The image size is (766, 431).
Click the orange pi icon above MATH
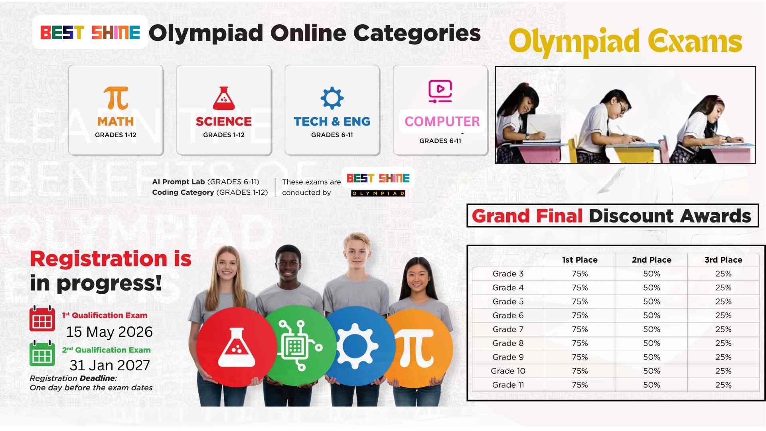[x=116, y=98]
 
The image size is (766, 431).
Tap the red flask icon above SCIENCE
[x=224, y=98]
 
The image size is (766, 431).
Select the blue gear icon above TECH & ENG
[x=332, y=98]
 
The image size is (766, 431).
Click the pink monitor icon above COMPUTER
[x=440, y=91]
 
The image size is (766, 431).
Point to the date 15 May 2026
[x=109, y=332]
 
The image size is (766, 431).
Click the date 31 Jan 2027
[x=110, y=365]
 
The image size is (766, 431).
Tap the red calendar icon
[x=42, y=318]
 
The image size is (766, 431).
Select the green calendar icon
[x=42, y=353]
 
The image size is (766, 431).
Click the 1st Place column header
[x=580, y=260]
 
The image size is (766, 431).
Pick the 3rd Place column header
[x=723, y=260]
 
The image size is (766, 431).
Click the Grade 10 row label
[x=508, y=371]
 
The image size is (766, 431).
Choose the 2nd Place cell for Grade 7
[x=651, y=329]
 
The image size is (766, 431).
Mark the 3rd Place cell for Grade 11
[x=723, y=385]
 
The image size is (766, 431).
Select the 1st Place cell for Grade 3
[x=580, y=274]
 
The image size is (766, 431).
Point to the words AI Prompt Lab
[x=178, y=182]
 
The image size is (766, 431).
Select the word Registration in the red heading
[x=99, y=259]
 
